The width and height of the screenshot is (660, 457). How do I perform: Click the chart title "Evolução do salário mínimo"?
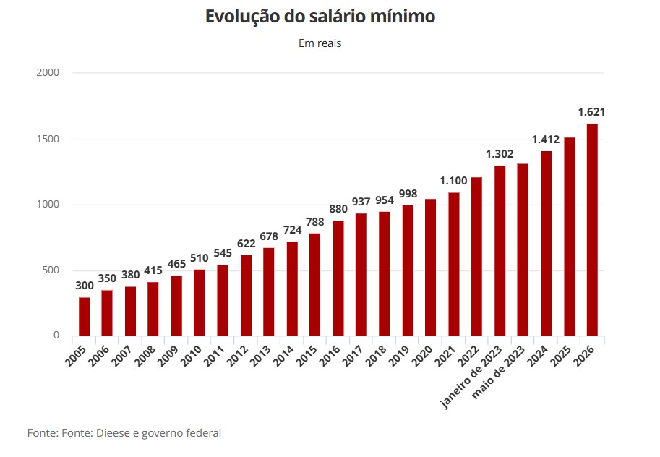(x=320, y=17)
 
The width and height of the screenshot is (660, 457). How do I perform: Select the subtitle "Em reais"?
(x=320, y=43)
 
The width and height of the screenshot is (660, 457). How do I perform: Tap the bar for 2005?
(x=85, y=317)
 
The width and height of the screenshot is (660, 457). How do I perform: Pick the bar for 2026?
(x=592, y=230)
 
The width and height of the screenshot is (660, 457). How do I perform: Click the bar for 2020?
(x=431, y=268)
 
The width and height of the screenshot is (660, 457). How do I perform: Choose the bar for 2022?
(x=476, y=257)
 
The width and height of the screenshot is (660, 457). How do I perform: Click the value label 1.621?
(x=591, y=112)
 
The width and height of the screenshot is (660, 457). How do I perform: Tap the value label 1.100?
(x=453, y=180)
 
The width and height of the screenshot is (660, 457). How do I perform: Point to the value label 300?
(x=85, y=285)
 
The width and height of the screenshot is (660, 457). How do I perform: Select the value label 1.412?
(x=546, y=139)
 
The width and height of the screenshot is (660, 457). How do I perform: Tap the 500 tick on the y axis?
(x=50, y=270)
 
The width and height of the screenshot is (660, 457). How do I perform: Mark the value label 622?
(x=246, y=243)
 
